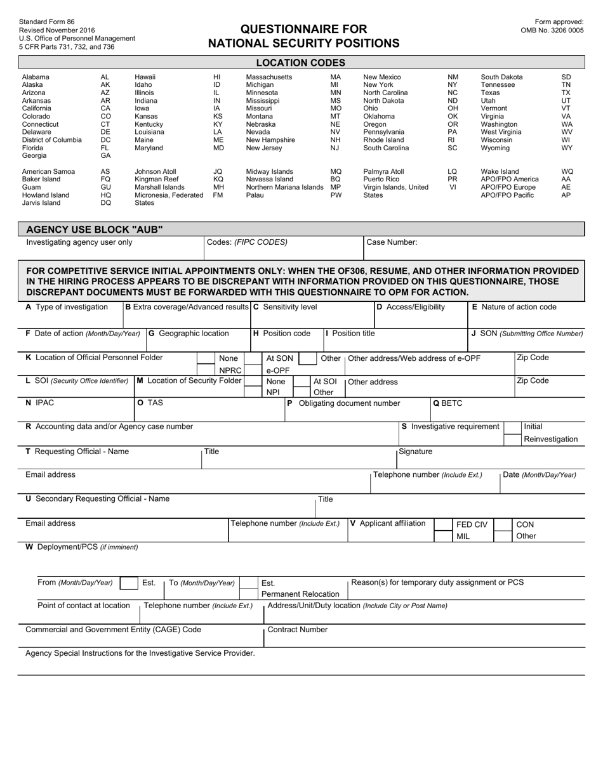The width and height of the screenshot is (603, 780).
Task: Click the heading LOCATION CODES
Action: click(301, 62)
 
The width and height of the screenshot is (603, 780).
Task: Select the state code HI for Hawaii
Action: click(216, 77)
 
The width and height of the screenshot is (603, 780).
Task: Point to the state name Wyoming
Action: click(495, 148)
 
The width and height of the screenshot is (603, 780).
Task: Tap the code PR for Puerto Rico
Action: click(452, 179)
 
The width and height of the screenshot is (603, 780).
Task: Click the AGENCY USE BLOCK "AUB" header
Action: click(94, 229)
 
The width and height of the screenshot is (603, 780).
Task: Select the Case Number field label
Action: click(392, 242)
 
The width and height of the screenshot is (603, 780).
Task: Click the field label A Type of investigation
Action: click(67, 307)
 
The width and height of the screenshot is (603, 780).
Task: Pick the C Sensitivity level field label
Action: click(285, 307)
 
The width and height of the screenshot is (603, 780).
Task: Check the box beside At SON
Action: click(253, 358)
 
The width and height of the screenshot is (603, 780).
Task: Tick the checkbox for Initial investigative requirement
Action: click(513, 427)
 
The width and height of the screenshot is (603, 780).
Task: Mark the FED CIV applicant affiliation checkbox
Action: click(443, 524)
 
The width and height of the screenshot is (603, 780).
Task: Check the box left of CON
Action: click(503, 524)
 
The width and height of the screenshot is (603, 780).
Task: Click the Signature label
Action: click(415, 452)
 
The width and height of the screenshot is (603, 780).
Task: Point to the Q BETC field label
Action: click(447, 403)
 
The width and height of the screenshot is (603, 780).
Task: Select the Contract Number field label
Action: click(298, 630)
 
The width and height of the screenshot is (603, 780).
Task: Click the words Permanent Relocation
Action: click(300, 594)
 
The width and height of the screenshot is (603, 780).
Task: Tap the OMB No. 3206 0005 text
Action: click(552, 30)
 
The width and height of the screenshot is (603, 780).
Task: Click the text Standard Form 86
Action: click(47, 22)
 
